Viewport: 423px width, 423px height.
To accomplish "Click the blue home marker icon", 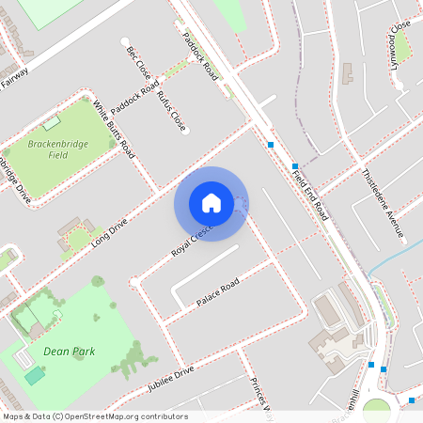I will tap(211, 203).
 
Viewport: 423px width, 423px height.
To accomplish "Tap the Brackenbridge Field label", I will tap(59, 148).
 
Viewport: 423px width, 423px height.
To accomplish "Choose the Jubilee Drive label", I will tap(170, 378).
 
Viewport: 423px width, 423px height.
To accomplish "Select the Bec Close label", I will tap(137, 63).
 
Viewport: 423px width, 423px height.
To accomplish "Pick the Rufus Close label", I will tap(172, 110).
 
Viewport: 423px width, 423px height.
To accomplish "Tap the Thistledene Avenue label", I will tap(382, 202).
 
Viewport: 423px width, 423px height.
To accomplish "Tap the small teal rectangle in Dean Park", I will tap(35, 375).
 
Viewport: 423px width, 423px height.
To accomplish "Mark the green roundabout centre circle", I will tap(376, 411).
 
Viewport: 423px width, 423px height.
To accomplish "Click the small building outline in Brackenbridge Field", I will tap(51, 122).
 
